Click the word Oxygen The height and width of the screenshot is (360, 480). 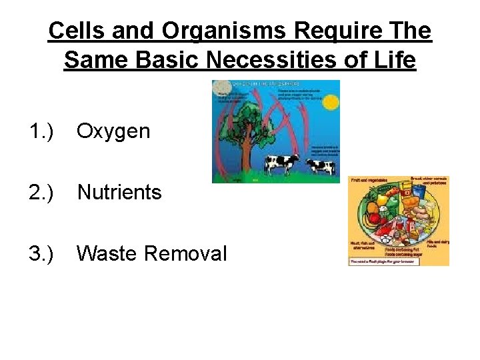(113, 131)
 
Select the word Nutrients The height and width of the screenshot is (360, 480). (119, 193)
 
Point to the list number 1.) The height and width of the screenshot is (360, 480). (43, 131)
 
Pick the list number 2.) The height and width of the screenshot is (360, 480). (43, 193)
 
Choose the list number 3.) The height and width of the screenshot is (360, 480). (43, 254)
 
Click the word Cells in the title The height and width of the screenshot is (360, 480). (77, 31)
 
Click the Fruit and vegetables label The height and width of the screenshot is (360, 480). (365, 181)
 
